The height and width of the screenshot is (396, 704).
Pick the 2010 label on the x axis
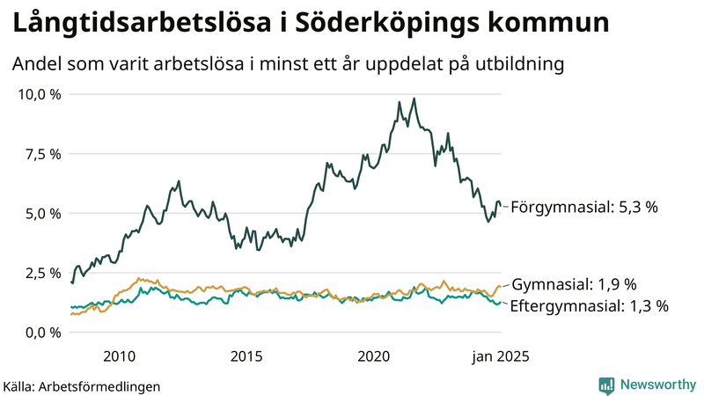(119, 356)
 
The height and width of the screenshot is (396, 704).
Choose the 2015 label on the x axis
(246, 356)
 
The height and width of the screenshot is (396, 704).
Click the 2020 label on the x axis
(374, 356)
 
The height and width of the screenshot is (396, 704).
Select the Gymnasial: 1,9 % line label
(574, 284)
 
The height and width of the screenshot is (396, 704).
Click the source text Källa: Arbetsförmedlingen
(82, 385)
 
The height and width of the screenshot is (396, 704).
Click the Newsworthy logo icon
(607, 385)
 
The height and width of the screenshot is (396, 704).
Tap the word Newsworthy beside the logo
(656, 385)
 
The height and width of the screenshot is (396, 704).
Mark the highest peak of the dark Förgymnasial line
(414, 99)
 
